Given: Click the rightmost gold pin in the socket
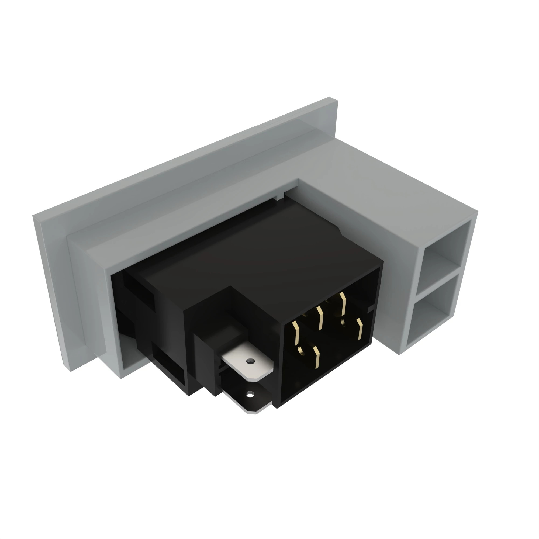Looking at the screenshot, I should pyautogui.click(x=360, y=329).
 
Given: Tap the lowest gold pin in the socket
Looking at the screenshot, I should pyautogui.click(x=316, y=357).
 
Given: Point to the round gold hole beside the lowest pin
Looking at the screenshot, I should pyautogui.click(x=301, y=350).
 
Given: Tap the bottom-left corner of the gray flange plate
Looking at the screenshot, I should pyautogui.click(x=70, y=371).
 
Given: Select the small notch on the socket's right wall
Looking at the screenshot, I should pyautogui.click(x=370, y=310).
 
